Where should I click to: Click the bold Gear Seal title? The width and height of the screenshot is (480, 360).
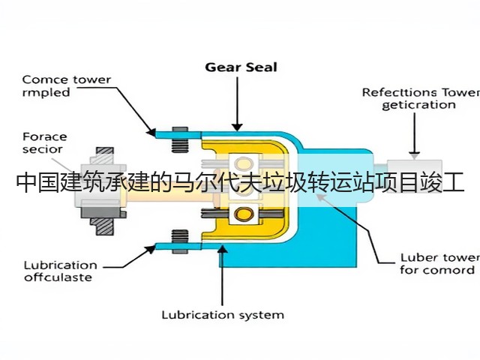(x=241, y=67)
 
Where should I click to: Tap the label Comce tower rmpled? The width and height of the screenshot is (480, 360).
(x=67, y=86)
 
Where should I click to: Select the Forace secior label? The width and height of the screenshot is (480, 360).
(x=45, y=143)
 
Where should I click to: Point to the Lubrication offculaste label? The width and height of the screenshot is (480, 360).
(x=61, y=271)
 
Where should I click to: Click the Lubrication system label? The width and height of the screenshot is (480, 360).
(x=223, y=315)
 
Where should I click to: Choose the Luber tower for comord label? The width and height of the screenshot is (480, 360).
(x=440, y=264)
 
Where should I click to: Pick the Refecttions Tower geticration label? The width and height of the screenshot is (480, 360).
(x=421, y=98)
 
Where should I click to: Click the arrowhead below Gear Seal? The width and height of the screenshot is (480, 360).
(x=237, y=127)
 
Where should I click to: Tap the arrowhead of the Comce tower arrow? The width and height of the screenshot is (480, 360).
(x=151, y=132)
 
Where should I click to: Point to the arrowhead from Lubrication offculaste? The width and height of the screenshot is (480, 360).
(x=151, y=249)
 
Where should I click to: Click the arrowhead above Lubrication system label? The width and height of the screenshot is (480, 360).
(x=223, y=248)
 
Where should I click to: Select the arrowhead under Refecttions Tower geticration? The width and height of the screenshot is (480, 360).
(x=415, y=156)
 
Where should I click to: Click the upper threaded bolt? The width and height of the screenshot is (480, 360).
(x=180, y=139)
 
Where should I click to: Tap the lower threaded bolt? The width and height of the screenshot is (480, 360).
(x=180, y=241)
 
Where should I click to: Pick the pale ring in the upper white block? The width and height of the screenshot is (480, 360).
(x=243, y=163)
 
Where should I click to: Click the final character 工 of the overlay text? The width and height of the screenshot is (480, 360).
(x=454, y=182)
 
